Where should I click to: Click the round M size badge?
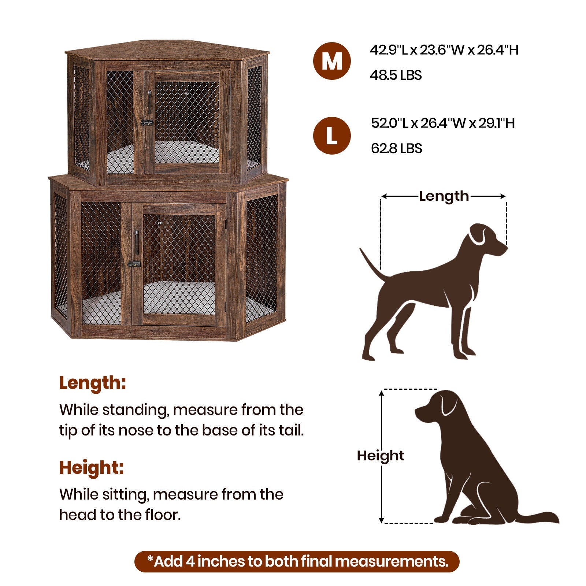point(332,61)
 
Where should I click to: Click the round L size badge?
point(332,136)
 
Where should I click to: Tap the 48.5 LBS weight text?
point(396,75)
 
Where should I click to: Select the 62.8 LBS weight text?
point(396,149)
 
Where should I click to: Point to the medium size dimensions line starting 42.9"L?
point(444,50)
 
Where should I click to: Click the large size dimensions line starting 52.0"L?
point(443,123)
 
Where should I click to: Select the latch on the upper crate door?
point(147,123)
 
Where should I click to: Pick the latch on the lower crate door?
point(134,264)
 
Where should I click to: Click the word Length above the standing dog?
point(444,196)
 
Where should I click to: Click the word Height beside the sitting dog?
point(381,456)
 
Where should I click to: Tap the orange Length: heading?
point(93,383)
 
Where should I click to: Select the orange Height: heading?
point(92,468)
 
